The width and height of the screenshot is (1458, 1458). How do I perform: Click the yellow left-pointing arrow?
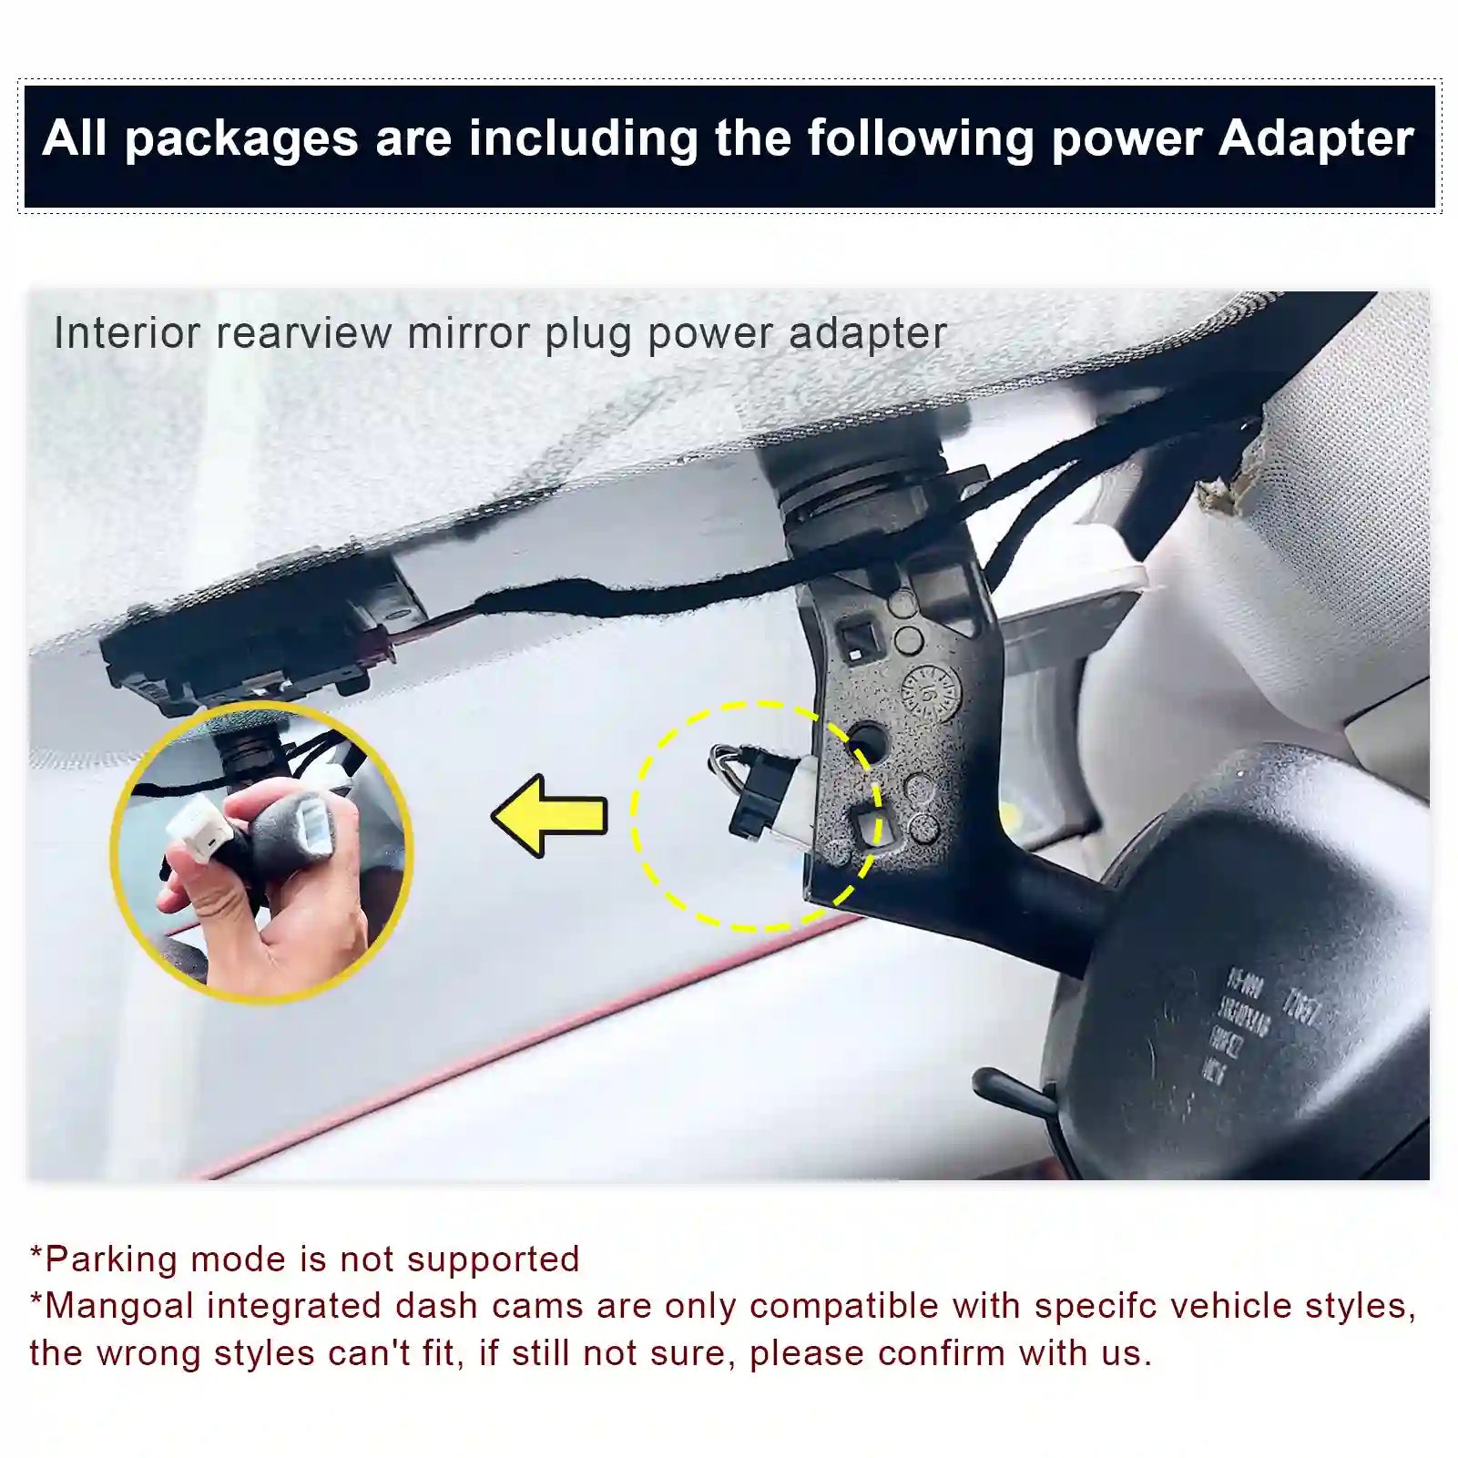click(x=551, y=815)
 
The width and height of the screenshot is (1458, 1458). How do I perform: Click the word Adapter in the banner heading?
click(x=1315, y=139)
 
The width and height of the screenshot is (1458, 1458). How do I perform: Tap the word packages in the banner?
click(x=240, y=139)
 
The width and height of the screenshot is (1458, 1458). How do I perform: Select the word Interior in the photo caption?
click(x=127, y=333)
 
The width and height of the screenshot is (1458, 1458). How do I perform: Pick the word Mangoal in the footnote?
click(x=120, y=1306)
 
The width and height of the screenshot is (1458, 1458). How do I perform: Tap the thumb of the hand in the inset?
click(x=205, y=897)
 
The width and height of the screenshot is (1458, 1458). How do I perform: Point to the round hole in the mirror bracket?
click(x=868, y=740)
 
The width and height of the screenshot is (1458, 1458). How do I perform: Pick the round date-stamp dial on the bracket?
click(x=929, y=692)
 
